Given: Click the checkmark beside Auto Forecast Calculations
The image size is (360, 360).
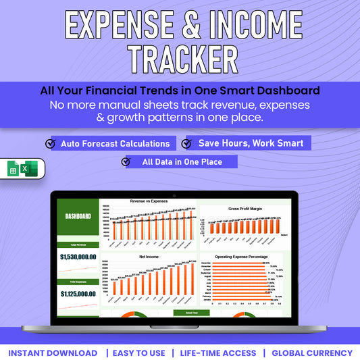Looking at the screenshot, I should (x=50, y=144).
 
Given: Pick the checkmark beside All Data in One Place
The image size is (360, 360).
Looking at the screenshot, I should (x=126, y=162).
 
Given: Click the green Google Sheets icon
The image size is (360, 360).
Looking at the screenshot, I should (x=13, y=169).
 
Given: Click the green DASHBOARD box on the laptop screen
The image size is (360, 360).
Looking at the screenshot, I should (x=78, y=216).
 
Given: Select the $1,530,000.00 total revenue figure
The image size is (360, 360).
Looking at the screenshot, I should (x=78, y=257).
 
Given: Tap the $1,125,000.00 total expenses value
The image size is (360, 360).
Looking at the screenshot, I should (x=78, y=294).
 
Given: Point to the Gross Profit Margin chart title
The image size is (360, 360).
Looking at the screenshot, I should (x=245, y=209).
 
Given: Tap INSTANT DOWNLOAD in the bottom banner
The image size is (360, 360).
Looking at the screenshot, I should (x=53, y=353).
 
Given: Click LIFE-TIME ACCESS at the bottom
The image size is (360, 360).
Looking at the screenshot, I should (x=218, y=353).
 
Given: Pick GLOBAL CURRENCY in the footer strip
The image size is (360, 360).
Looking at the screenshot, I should (x=312, y=353).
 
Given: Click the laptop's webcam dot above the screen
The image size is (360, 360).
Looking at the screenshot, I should (x=175, y=195).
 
